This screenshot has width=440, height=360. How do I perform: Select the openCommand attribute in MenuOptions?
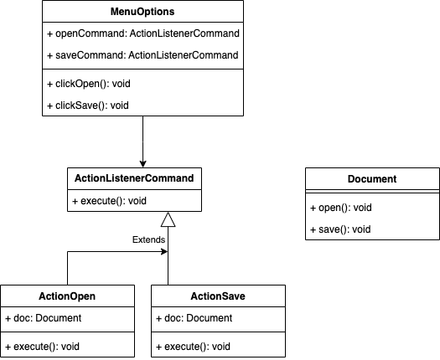pos(142,33)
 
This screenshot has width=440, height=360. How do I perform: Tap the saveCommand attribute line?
pos(142,55)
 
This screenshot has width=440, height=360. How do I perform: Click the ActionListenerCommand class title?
pos(134,178)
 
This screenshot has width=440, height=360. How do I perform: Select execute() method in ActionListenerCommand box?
pos(109,201)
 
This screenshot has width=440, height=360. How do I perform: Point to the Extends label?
pos(148,239)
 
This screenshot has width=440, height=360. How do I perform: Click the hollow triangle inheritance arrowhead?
pos(168,220)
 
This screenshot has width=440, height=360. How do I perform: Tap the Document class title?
pos(371,178)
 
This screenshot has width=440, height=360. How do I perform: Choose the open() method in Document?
pos(342,207)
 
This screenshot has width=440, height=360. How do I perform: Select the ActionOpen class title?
pos(67,296)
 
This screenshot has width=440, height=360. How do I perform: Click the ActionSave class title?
pos(218,296)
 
